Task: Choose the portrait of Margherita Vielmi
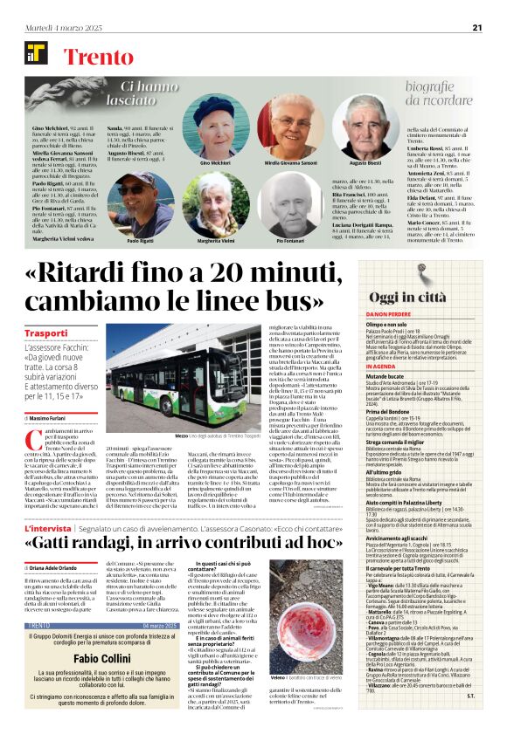pyautogui.click(x=215, y=202)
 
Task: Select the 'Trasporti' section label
pyautogui.click(x=45, y=333)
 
